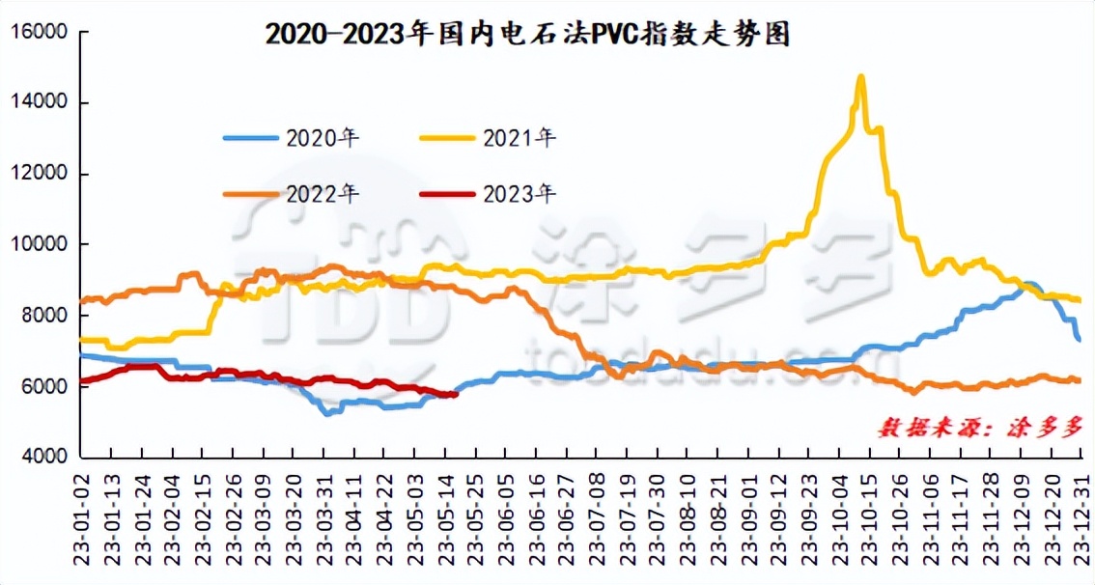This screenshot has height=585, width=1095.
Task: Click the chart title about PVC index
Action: (527, 36)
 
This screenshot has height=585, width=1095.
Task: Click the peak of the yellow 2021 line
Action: (860, 77)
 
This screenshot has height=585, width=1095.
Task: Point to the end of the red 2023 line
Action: (455, 393)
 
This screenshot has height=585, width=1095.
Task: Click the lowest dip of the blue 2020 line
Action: (327, 413)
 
